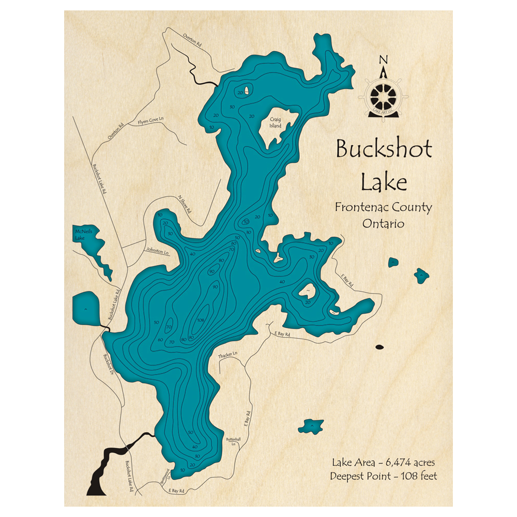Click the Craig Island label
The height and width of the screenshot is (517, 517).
coord(275,122)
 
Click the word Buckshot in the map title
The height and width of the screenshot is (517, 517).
coord(384,149)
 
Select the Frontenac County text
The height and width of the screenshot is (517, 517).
coord(383,207)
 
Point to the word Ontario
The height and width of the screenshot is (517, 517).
coord(383,224)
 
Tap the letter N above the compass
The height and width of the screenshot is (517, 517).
coord(383,59)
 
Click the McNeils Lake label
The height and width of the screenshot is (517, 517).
coord(83,235)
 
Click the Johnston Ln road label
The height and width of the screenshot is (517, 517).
coord(159,251)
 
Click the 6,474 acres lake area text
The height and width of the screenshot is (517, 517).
coord(383,462)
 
